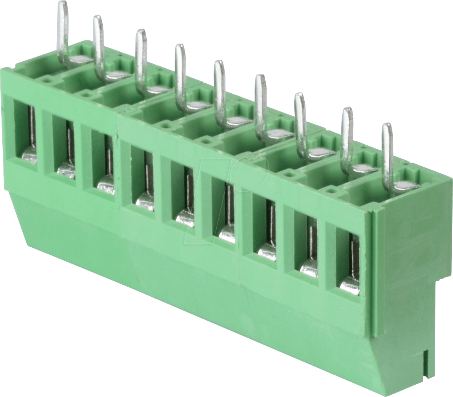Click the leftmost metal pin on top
63,31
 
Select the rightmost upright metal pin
387,154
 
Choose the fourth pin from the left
180,75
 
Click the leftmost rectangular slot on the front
25,131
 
